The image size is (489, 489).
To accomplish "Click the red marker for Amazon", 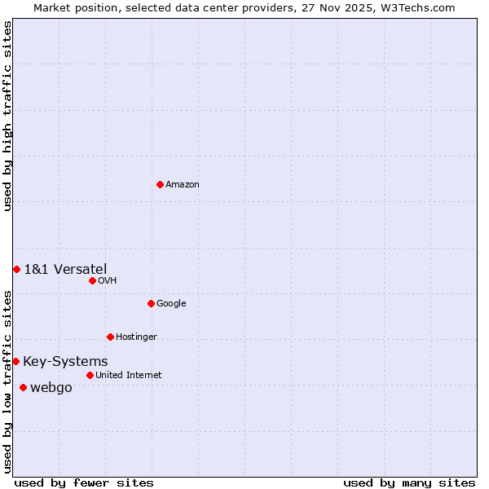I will click(160, 184).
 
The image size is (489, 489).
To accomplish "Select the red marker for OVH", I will click(92, 280).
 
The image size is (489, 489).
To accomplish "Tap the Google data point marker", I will click(151, 303).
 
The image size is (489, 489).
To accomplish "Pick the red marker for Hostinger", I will click(110, 337).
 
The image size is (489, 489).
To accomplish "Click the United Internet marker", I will click(90, 375).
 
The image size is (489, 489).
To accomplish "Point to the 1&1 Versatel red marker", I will click(16, 269).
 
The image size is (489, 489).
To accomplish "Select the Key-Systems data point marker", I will click(15, 361).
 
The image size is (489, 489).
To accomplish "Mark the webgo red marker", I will click(23, 387).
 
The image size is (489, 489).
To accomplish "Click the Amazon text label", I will click(183, 185).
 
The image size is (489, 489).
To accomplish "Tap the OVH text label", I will click(108, 281).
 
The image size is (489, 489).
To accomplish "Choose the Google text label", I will click(171, 304).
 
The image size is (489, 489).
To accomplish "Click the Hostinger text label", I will click(136, 337).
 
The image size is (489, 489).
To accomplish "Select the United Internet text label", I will click(128, 376).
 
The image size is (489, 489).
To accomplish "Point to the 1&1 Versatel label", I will click(65, 270).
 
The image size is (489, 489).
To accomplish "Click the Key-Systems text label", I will click(65, 362).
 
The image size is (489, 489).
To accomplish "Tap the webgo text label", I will click(51, 388).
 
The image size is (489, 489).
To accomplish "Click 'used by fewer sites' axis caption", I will click(84, 482).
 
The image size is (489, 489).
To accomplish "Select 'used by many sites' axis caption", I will click(409, 482).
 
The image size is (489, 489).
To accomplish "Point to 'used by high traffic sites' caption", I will click(7, 117).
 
